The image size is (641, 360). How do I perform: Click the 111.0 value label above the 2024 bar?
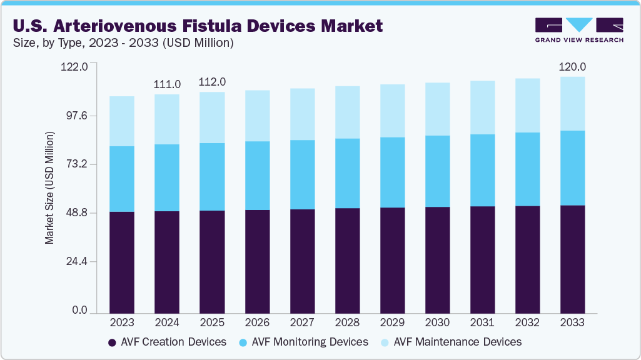click(167, 84)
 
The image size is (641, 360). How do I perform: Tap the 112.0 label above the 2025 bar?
click(212, 82)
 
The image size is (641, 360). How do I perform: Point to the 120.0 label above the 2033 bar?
click(572, 67)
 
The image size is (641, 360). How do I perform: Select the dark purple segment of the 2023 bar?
click(122, 262)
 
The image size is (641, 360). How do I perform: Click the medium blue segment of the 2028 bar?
click(347, 173)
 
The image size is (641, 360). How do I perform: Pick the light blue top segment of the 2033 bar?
click(572, 104)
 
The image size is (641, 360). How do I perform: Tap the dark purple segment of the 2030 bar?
click(437, 259)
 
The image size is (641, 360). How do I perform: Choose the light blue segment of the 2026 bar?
click(257, 116)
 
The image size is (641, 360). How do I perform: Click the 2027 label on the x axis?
click(302, 322)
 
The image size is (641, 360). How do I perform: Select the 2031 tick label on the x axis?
click(482, 322)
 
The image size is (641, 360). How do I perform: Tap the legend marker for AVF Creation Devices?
click(113, 342)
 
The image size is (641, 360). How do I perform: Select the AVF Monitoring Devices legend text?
click(310, 342)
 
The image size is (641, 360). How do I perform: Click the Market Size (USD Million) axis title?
click(49, 188)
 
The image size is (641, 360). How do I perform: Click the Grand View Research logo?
click(578, 29)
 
